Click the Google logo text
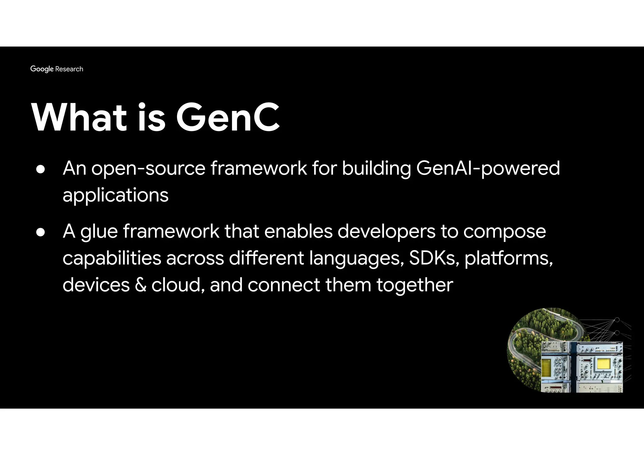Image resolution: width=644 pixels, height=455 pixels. click(x=42, y=69)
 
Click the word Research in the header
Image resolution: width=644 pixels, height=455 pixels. click(x=69, y=69)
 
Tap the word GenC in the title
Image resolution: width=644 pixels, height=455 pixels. click(x=228, y=118)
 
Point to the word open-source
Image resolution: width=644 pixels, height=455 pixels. click(x=148, y=169)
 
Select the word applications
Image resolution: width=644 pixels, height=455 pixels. click(x=115, y=195)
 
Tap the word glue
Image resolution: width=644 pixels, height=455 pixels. click(x=99, y=232)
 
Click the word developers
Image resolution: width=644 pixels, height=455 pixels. click(x=386, y=232)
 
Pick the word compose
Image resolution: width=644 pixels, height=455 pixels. click(x=504, y=232)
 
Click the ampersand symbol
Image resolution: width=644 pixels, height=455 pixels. click(x=141, y=285)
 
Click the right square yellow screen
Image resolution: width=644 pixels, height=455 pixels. click(x=603, y=364)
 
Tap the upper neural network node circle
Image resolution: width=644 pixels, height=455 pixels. click(x=617, y=320)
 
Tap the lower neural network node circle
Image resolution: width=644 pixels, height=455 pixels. click(x=617, y=332)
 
